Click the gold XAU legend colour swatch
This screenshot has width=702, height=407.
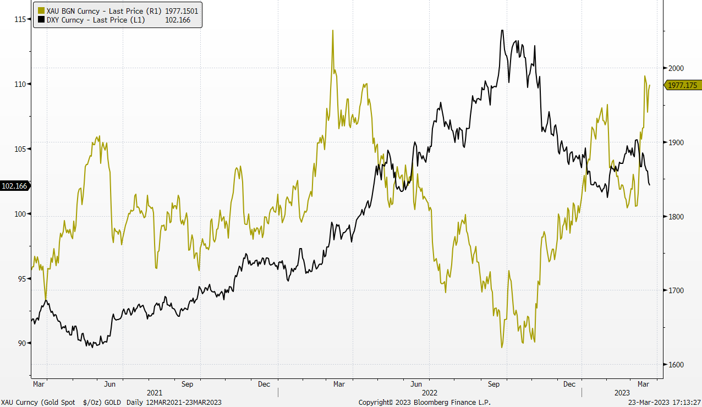[x=41, y=10]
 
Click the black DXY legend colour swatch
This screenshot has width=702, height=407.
[x=41, y=20]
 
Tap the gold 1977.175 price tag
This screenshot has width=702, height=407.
[x=683, y=85]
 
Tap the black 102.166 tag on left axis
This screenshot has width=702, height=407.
[x=15, y=186]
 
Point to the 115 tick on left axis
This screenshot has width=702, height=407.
[x=21, y=19]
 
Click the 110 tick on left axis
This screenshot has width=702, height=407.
[x=21, y=84]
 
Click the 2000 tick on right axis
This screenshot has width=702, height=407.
[x=675, y=68]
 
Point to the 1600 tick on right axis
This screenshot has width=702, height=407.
[x=675, y=365]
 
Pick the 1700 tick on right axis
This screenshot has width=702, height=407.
[x=675, y=290]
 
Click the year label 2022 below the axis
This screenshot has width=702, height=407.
[x=430, y=393]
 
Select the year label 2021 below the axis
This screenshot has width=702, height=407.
[x=155, y=393]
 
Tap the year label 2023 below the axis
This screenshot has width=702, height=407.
[x=622, y=393]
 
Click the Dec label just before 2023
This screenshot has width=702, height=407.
[x=569, y=383]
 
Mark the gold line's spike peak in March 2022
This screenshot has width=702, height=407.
[x=333, y=30]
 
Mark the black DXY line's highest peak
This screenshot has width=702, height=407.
[x=502, y=30]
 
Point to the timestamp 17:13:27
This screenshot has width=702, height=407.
[x=684, y=403]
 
